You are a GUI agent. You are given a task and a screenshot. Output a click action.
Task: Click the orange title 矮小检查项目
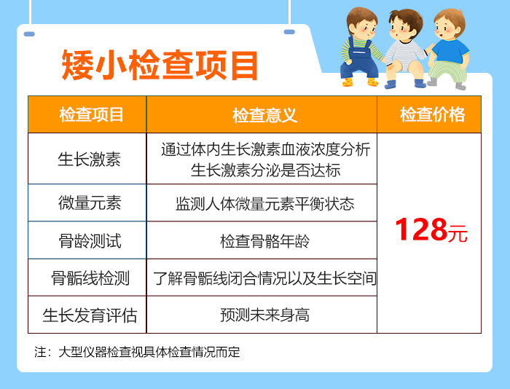pyautogui.click(x=160, y=65)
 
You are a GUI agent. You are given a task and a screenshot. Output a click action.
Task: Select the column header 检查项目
pyautogui.click(x=91, y=114)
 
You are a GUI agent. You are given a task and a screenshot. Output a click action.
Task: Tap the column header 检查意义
pyautogui.click(x=264, y=115)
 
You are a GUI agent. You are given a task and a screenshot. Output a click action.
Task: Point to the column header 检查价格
pyautogui.click(x=432, y=114)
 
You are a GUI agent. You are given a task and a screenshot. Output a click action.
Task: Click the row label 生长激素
pyautogui.click(x=89, y=160)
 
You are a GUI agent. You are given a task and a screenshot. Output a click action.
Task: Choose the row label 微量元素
pyautogui.click(x=90, y=203)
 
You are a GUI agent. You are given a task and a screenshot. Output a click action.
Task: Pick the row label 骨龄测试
pyautogui.click(x=90, y=241)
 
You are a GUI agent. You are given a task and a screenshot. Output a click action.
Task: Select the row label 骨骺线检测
pyautogui.click(x=90, y=278)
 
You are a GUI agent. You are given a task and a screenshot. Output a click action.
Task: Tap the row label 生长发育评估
pyautogui.click(x=90, y=315)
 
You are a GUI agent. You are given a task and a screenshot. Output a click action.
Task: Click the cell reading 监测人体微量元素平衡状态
pyautogui.click(x=264, y=204)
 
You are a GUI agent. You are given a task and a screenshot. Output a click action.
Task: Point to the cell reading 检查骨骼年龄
pyautogui.click(x=264, y=241)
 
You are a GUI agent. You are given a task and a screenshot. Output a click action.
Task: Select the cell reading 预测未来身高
pyautogui.click(x=264, y=315)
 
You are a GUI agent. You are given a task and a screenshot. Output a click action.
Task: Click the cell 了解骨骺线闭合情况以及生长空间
pyautogui.click(x=264, y=278)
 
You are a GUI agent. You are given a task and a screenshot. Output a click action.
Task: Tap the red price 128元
pyautogui.click(x=431, y=230)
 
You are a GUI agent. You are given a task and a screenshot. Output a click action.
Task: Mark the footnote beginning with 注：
pyautogui.click(x=137, y=352)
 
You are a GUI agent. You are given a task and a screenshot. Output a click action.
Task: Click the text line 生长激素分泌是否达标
pyautogui.click(x=265, y=170)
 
